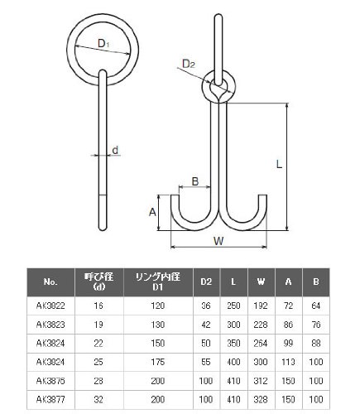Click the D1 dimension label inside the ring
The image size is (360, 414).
pyautogui.click(x=103, y=43)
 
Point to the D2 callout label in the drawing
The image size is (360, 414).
pyautogui.click(x=189, y=64)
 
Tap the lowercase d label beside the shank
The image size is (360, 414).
pyautogui.click(x=115, y=150)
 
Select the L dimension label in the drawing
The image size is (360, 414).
pyautogui.click(x=279, y=165)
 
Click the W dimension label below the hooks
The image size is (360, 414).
pyautogui.click(x=218, y=241)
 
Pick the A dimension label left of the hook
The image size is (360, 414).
pyautogui.click(x=152, y=212)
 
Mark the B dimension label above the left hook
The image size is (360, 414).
pyautogui.click(x=195, y=181)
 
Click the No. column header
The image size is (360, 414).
pyautogui.click(x=50, y=282)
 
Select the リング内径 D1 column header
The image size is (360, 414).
pyautogui.click(x=158, y=282)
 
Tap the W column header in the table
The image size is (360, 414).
pyautogui.click(x=261, y=282)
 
